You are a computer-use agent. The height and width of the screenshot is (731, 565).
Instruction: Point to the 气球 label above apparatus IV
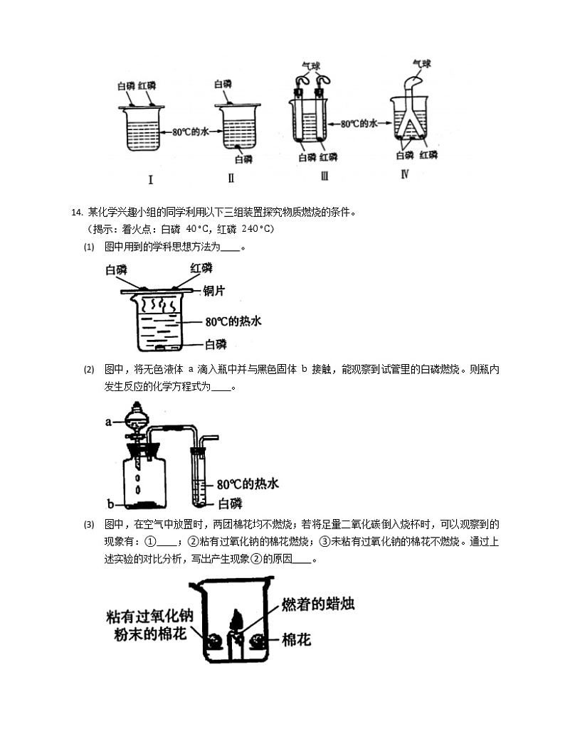coord(422,65)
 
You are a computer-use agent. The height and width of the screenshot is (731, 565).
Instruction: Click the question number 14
coord(78,212)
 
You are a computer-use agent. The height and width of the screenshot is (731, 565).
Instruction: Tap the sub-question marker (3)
coord(89,525)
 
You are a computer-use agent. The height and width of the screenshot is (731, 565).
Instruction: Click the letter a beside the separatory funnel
coord(110,422)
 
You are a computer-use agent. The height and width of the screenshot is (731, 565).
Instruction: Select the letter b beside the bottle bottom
coord(110,504)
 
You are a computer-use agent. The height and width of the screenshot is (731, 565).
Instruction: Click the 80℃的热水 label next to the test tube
coord(247,484)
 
